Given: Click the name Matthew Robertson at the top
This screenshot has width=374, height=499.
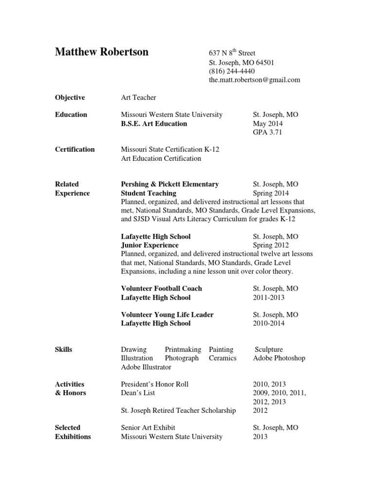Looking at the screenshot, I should tap(102, 52).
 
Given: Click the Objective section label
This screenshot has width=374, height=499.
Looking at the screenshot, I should tap(70, 97).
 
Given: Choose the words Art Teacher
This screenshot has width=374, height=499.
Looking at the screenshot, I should tap(139, 97).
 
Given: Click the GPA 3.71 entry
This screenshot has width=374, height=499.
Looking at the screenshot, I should tap(267, 132).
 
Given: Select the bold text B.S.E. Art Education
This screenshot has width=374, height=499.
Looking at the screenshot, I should tap(154, 123).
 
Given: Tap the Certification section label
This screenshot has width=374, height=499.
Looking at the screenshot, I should tap(75, 150).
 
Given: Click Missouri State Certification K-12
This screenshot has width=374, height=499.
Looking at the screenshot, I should tap(170, 150).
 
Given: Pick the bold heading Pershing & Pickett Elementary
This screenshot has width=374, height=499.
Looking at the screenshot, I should tap(169, 184).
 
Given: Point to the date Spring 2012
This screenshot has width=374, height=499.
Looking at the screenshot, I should tap(271, 245).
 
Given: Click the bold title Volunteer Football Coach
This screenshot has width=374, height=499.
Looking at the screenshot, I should tap(161, 288).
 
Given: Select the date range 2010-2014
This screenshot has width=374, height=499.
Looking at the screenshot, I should tap(269, 323).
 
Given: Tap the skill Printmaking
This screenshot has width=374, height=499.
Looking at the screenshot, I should tap(183, 349).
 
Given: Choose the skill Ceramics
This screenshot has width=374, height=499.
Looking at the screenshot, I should tap(223, 358).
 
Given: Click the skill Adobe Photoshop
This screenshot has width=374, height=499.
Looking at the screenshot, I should tap(279, 358).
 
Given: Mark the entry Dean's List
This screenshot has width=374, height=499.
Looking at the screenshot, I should tap(138, 393).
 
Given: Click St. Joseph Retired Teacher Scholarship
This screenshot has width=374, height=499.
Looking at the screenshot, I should tap(178, 410).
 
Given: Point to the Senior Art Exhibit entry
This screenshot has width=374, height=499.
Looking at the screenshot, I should tap(148, 427).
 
